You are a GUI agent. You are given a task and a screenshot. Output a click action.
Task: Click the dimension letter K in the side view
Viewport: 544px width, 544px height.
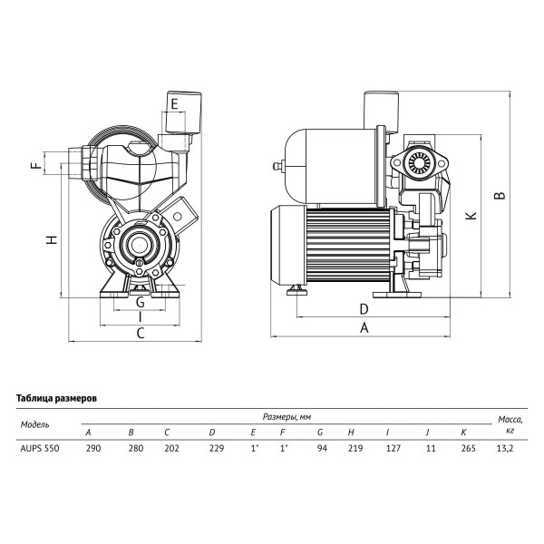[x=469, y=216]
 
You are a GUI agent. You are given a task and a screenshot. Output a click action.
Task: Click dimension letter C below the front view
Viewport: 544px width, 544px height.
[x=141, y=335]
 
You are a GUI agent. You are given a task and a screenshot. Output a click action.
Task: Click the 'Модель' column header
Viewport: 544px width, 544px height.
[x=35, y=423]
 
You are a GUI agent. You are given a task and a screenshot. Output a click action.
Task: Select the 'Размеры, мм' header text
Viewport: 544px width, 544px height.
[x=288, y=416]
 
